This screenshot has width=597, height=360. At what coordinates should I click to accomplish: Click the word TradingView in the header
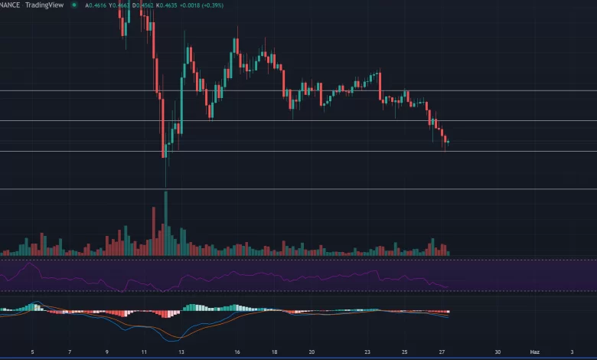(x=43, y=5)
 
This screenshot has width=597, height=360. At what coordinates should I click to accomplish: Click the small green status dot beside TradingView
(x=74, y=5)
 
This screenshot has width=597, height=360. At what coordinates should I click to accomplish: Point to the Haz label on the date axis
(x=535, y=352)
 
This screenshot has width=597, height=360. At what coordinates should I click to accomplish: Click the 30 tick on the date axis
(x=497, y=352)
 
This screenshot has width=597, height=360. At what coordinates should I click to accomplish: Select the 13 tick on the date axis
(x=181, y=352)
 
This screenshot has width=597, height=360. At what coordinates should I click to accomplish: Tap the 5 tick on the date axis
(x=32, y=352)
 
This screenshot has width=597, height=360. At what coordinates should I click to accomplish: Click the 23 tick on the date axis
(x=367, y=352)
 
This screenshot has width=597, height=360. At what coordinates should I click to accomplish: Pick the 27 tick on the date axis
(x=442, y=352)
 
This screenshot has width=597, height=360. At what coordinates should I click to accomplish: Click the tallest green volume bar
(x=165, y=222)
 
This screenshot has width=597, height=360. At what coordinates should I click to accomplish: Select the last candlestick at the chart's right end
(x=448, y=142)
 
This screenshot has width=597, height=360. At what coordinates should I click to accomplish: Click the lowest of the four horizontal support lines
(x=298, y=188)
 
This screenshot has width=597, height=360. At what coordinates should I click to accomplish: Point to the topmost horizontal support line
(x=298, y=90)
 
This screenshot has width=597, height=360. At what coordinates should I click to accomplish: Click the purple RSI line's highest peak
(x=29, y=264)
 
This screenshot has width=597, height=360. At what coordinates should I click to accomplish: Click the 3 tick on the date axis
(x=572, y=352)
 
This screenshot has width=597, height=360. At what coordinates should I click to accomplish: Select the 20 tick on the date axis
(x=311, y=352)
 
